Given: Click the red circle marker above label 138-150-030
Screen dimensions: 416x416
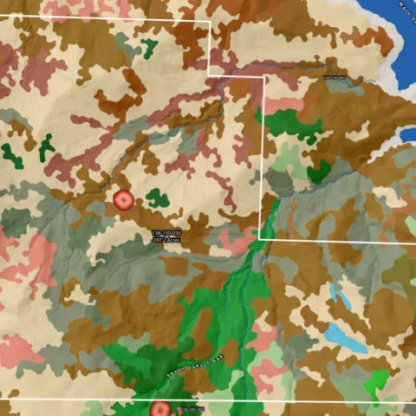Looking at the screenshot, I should [x=124, y=200].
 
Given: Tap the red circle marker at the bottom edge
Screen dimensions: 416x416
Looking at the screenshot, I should [x=159, y=409].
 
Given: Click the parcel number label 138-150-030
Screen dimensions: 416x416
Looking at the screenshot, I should [x=166, y=233].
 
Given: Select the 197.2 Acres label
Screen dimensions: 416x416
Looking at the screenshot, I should [x=166, y=240].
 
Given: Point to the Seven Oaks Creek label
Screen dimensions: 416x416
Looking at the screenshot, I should [x=195, y=365].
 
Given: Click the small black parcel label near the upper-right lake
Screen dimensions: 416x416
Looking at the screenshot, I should [x=335, y=79].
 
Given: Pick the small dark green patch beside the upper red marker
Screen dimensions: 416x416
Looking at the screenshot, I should [x=157, y=198].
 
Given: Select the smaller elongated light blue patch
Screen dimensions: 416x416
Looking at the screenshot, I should [x=341, y=297].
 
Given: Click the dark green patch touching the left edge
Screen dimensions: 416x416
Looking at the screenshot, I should [x=10, y=156].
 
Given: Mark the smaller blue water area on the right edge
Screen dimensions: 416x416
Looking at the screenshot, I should [x=408, y=136].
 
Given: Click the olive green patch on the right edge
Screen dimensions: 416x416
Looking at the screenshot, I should [x=400, y=273].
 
